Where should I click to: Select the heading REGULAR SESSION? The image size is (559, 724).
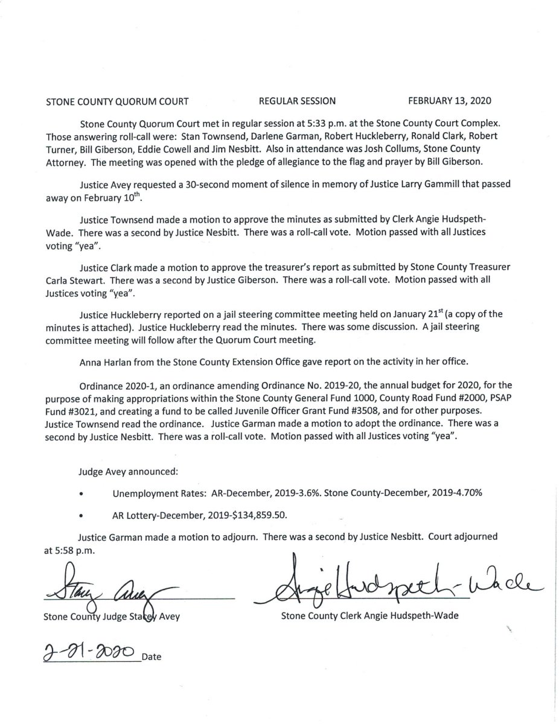pyautogui.click(x=296, y=101)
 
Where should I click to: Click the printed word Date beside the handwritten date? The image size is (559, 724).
pyautogui.click(x=152, y=656)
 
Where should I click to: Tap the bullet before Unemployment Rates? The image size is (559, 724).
pyautogui.click(x=80, y=494)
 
